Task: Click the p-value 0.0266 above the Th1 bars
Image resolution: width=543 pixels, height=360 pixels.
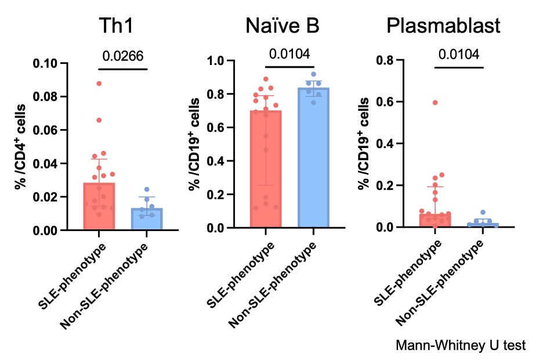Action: click(123, 56)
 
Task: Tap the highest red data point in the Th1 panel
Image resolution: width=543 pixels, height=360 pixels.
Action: click(99, 84)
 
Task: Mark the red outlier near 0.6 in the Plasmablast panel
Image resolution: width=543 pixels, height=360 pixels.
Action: click(435, 102)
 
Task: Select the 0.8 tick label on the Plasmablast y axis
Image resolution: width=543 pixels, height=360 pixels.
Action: click(385, 60)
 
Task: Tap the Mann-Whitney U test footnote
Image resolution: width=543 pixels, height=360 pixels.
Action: click(461, 345)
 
